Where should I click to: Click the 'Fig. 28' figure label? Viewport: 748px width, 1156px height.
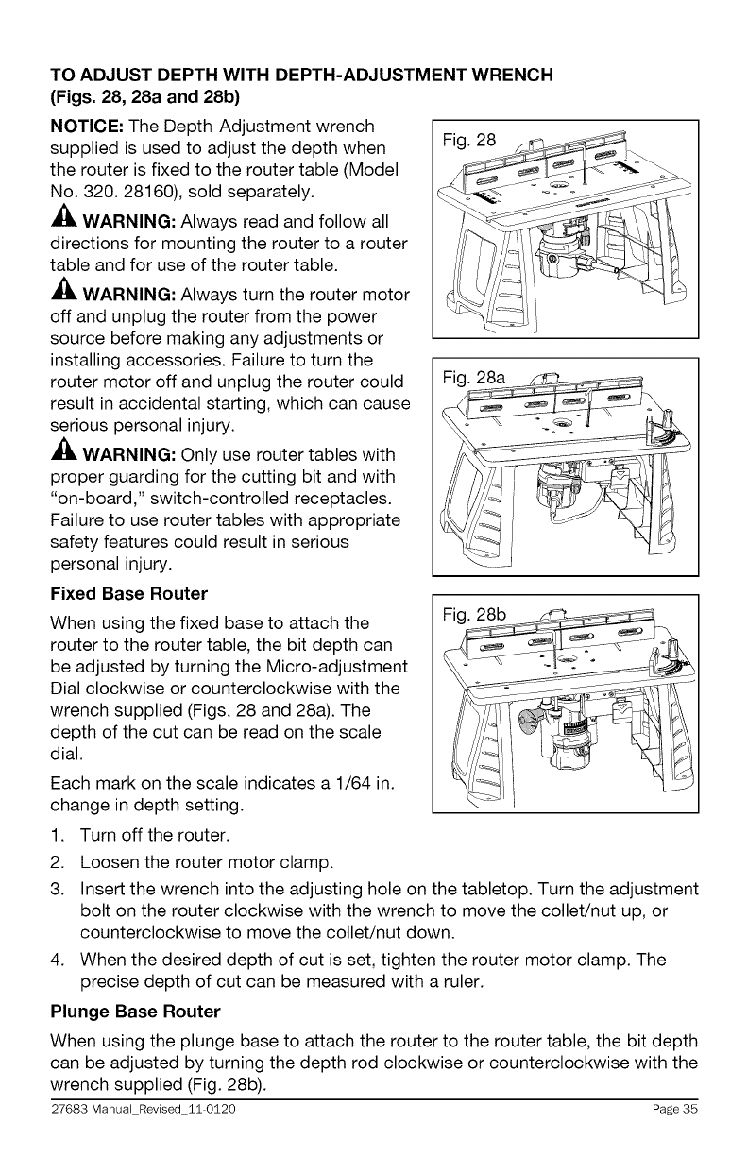tap(470, 142)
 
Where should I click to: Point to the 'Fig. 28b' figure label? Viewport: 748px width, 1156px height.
tap(475, 616)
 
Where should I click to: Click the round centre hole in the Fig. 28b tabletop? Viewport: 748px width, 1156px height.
tap(571, 657)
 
